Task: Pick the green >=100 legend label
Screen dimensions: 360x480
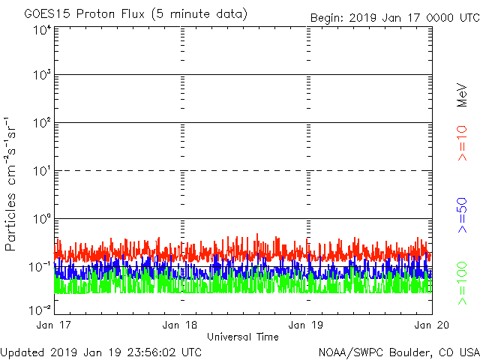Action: (x=462, y=283)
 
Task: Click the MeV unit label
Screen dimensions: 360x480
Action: (x=462, y=95)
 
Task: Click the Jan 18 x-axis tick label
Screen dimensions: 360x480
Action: (x=181, y=325)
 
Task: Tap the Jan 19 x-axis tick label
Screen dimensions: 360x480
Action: (x=306, y=325)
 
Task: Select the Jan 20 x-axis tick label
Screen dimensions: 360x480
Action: (x=430, y=325)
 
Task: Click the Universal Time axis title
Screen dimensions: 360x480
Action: (x=242, y=337)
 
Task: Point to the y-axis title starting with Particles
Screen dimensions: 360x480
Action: (x=10, y=183)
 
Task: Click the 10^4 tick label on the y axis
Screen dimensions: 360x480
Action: (x=41, y=30)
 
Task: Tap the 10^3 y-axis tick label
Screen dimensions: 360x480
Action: (x=41, y=76)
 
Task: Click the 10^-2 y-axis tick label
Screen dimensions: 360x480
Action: (x=40, y=309)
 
